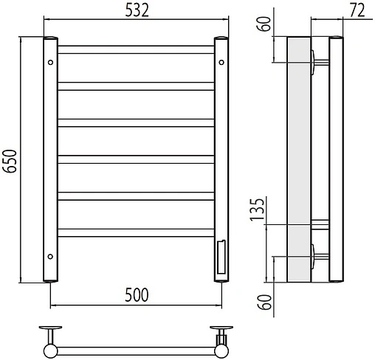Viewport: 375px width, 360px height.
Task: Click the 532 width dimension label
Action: click(x=137, y=10)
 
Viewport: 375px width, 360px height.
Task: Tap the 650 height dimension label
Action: click(x=10, y=161)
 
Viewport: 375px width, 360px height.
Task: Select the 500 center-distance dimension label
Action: click(x=137, y=295)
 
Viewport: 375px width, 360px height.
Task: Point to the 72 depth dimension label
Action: click(x=357, y=10)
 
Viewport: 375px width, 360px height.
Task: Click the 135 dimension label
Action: click(x=257, y=210)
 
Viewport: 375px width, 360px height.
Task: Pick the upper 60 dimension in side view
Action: click(x=264, y=24)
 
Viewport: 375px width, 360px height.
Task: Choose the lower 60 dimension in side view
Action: click(x=264, y=302)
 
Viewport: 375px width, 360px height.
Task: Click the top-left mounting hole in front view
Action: click(x=50, y=63)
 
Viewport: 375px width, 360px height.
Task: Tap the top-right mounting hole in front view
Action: click(x=221, y=63)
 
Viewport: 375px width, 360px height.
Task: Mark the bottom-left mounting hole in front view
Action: click(x=50, y=257)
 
